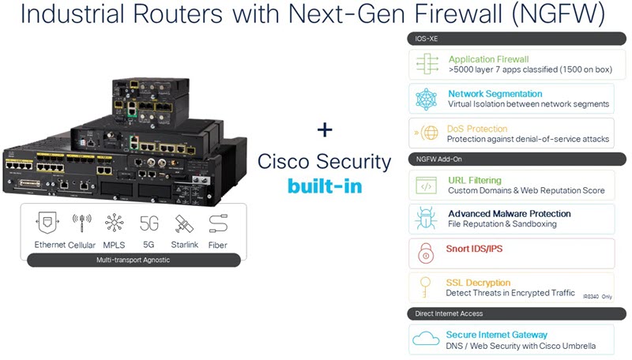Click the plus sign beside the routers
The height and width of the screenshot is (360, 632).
325,129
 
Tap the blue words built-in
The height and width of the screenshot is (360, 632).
325,187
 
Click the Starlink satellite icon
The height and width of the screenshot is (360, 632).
184,223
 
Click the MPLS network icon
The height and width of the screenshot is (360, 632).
115,223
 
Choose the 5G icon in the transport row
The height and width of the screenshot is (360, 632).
149,223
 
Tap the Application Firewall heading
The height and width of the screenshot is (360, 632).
488,59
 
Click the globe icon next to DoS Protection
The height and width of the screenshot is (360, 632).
427,133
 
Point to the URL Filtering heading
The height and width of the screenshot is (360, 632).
474,181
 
